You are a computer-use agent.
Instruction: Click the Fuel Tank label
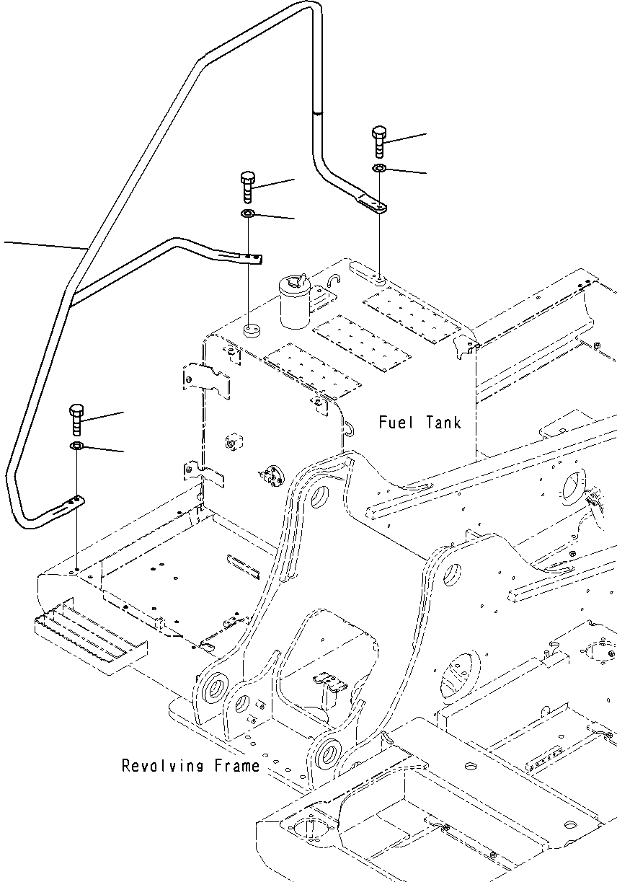pyautogui.click(x=420, y=422)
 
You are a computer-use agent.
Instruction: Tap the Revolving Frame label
pyautogui.click(x=190, y=765)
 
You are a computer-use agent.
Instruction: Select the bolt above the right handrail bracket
pyautogui.click(x=380, y=142)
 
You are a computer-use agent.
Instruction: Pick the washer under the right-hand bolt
pyautogui.click(x=379, y=169)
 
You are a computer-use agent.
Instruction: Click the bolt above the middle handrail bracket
pyautogui.click(x=247, y=188)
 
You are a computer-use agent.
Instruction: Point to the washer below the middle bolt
pyautogui.click(x=247, y=214)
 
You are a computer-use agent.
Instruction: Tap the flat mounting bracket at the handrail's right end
pyautogui.click(x=372, y=206)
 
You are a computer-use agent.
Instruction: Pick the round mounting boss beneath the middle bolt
pyautogui.click(x=251, y=331)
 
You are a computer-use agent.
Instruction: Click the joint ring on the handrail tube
pyautogui.click(x=317, y=112)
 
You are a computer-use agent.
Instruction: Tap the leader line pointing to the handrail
pyautogui.click(x=43, y=245)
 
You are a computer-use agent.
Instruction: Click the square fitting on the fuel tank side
pyautogui.click(x=233, y=441)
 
